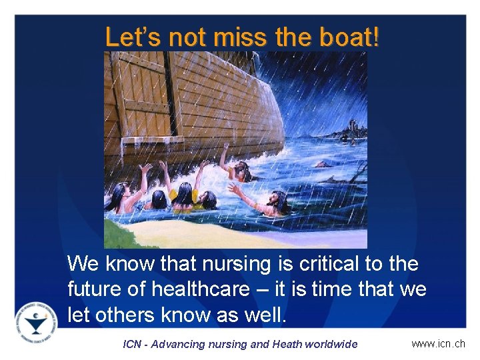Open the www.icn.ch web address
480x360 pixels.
[438, 344]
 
